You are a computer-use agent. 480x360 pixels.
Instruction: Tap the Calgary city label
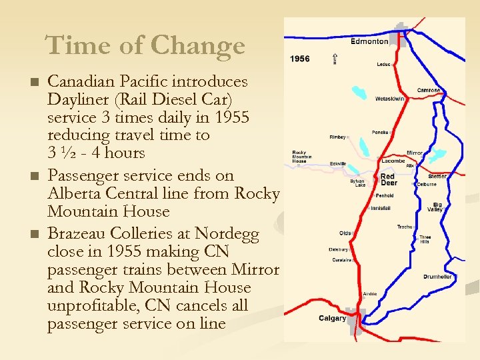[x=332, y=318]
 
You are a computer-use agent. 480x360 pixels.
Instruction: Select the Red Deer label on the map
[x=388, y=180]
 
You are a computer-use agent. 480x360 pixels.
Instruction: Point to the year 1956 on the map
[x=300, y=59]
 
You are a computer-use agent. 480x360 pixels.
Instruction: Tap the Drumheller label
[x=437, y=277]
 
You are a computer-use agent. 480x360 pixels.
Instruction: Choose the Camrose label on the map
[x=429, y=90]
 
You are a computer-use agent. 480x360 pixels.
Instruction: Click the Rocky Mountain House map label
[x=299, y=157]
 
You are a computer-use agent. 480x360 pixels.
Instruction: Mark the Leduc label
[x=383, y=65]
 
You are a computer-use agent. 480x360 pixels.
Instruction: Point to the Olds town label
[x=345, y=233]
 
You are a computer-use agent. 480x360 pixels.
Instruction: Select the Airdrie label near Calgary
[x=370, y=293]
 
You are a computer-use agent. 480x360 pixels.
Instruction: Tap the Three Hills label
[x=425, y=240]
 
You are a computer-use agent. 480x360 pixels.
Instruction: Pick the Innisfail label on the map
[x=381, y=208]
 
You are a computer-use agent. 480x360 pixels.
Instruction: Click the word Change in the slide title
[x=198, y=46]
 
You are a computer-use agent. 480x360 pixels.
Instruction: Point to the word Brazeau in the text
[x=79, y=235]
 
